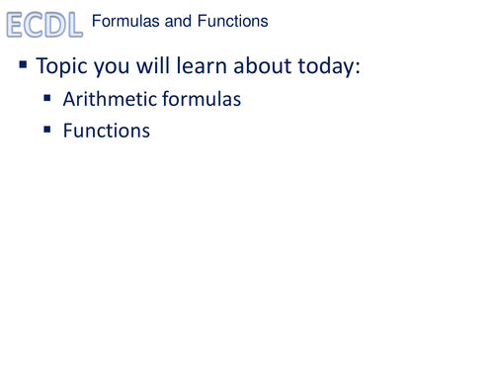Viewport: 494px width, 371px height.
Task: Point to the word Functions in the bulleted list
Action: [x=107, y=129]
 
